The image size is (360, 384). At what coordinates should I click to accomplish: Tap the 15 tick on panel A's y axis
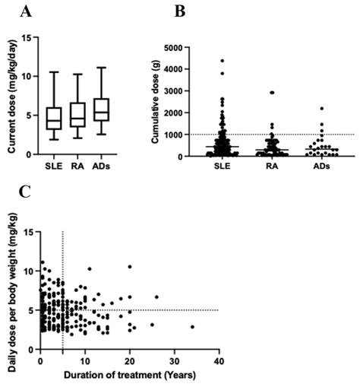point(30,37)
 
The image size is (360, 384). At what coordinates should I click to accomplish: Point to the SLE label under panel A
point(54,165)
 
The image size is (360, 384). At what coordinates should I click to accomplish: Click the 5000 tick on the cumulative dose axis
point(195,47)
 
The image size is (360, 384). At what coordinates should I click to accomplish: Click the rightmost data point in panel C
point(192,327)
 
